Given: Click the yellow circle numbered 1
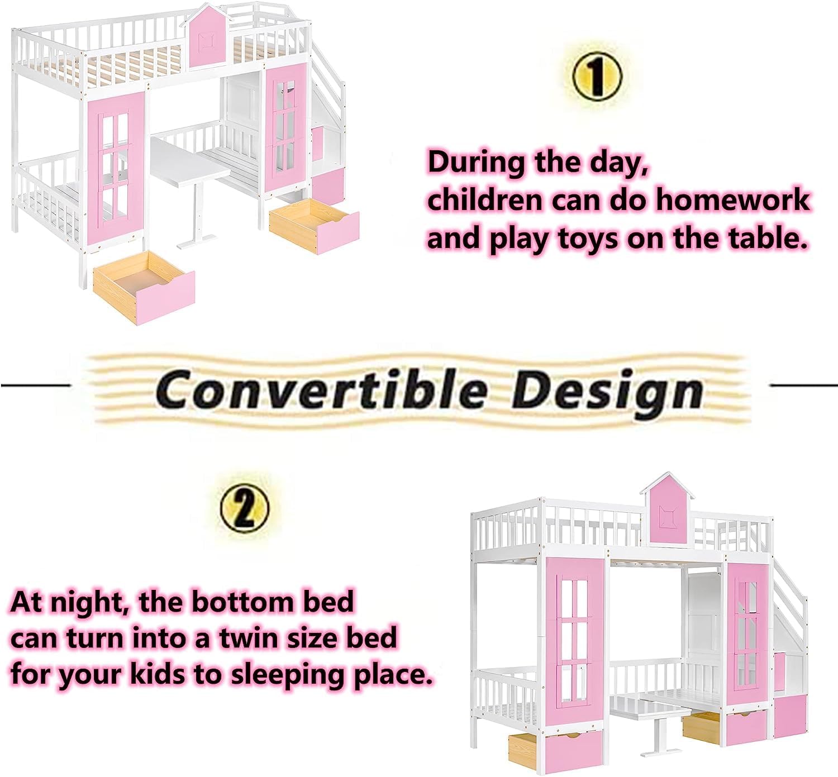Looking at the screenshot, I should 596,76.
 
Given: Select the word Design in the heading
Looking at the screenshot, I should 607,389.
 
